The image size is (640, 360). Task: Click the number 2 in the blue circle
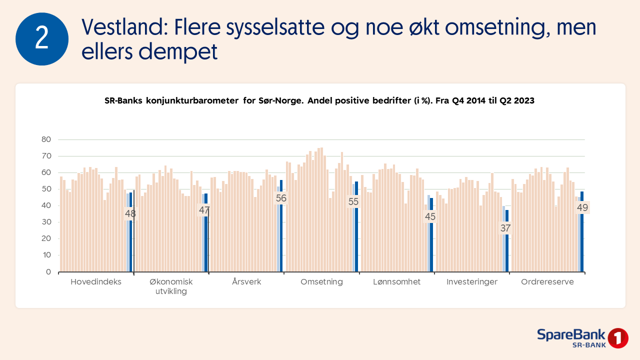42,39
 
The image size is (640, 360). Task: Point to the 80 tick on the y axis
46,139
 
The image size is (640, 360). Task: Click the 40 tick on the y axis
46,205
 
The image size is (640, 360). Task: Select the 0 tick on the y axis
48,272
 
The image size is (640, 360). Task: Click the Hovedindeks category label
96,282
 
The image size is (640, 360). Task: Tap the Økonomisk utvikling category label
171,286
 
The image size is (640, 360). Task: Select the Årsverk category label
246,282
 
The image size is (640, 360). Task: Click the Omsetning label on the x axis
321,282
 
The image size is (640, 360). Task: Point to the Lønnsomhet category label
397,282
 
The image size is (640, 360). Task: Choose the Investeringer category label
472,282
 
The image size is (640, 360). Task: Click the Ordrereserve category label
547,282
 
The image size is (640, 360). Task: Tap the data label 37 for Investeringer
505,228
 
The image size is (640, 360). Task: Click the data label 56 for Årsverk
281,198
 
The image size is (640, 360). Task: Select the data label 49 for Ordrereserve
582,207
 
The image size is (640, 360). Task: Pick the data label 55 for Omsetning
353,201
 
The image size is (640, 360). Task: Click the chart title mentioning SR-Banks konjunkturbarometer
319,100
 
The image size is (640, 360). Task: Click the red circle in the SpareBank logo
618,338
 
